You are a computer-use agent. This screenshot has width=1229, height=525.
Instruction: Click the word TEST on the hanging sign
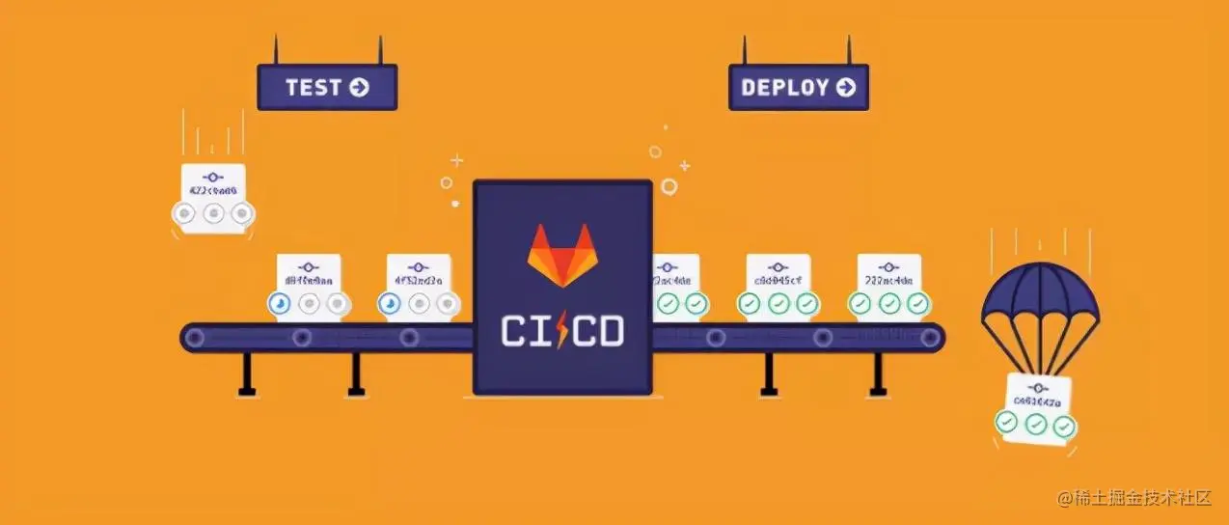313,88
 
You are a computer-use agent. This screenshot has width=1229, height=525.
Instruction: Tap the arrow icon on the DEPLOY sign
846,88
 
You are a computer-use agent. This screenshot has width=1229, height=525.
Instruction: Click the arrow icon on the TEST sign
359,88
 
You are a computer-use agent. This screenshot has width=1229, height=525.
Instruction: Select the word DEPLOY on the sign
784,88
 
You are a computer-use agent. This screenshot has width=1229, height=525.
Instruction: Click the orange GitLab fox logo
561,260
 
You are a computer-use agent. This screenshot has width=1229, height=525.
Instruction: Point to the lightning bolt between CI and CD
561,331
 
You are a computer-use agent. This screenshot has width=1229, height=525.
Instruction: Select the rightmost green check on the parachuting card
1064,426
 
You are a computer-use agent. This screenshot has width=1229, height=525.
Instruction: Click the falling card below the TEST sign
212,198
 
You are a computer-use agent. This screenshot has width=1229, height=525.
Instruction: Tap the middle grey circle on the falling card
213,213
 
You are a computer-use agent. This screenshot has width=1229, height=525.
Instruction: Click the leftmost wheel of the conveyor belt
197,337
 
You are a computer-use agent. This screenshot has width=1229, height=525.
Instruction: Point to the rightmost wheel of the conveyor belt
929,337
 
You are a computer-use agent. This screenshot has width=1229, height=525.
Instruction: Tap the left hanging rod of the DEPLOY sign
745,50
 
